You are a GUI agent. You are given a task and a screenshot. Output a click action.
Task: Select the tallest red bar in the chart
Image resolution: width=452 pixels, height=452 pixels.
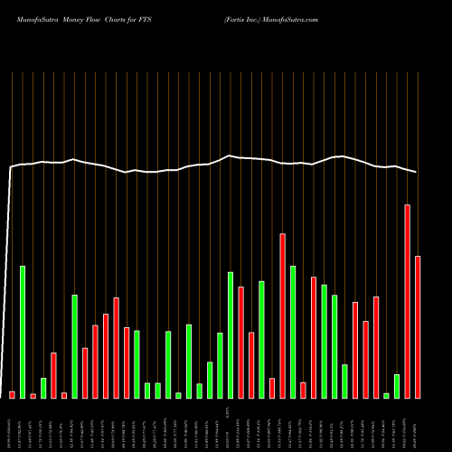tap(407, 301)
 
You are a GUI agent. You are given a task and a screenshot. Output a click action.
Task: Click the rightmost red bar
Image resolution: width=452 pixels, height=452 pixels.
tap(418, 326)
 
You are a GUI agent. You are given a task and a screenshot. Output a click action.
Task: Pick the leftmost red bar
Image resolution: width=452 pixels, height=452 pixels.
tap(12, 394)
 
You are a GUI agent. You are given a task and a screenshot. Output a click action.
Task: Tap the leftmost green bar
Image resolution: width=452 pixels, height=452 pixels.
tap(23, 332)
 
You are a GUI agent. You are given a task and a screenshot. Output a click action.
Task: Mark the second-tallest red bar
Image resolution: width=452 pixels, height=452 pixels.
tap(283, 315)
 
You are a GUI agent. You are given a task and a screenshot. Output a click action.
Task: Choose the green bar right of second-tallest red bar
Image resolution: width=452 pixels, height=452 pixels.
tap(293, 332)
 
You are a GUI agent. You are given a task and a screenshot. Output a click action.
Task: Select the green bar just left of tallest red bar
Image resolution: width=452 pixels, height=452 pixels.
tap(397, 386)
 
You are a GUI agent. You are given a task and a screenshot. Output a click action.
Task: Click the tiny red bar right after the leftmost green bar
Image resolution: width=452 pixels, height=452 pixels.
tap(33, 396)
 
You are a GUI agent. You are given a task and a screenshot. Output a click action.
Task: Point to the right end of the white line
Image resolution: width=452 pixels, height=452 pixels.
tap(417, 172)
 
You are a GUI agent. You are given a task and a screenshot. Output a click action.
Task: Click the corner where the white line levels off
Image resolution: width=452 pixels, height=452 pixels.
tap(11, 167)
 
